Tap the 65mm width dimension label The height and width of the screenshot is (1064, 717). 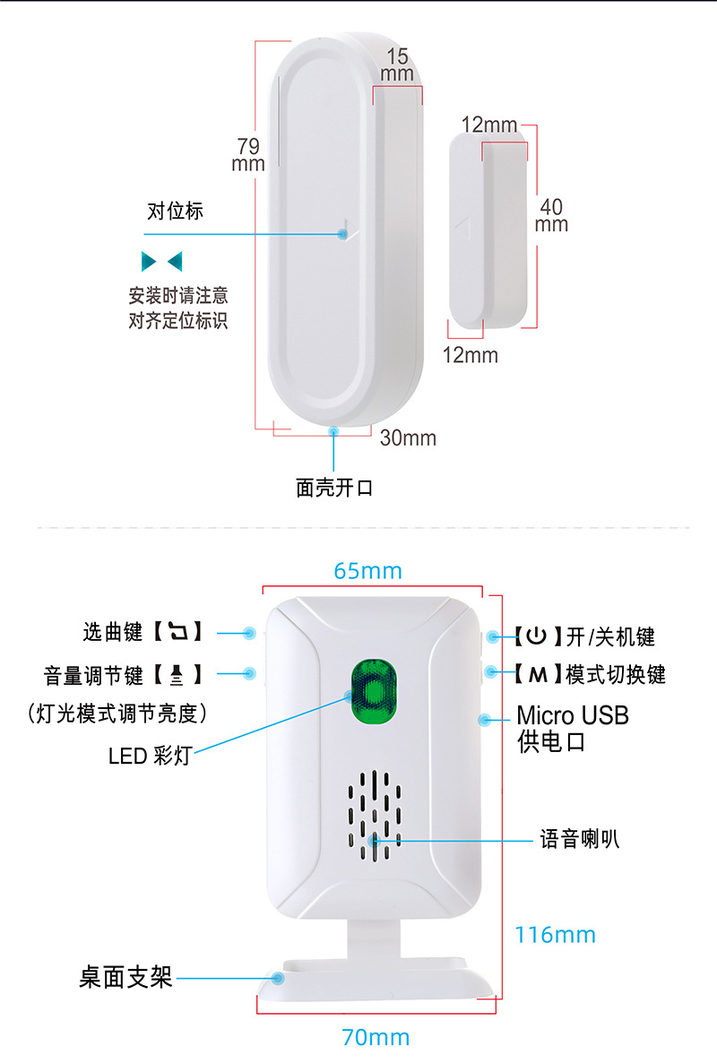point(367,571)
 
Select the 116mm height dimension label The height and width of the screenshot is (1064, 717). point(555,935)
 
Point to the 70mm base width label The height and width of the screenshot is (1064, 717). point(376,1038)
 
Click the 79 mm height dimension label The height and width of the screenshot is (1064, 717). point(248,154)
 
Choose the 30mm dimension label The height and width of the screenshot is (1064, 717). point(408,438)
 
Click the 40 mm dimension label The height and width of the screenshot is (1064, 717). point(551,215)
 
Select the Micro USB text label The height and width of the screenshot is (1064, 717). point(573,715)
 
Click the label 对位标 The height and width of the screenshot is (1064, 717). point(175,212)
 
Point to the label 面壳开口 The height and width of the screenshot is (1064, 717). point(333,489)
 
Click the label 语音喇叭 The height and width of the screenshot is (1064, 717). point(579,840)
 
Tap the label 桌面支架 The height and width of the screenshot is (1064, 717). point(125,976)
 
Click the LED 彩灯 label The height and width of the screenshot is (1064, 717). point(150,756)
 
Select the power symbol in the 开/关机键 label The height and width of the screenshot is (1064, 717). point(535,636)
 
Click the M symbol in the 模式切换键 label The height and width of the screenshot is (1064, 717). point(536,674)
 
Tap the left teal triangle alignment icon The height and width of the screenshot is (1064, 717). point(149,262)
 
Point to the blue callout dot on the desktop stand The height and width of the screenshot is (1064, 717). point(279,978)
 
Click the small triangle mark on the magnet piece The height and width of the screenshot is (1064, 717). point(463,228)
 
